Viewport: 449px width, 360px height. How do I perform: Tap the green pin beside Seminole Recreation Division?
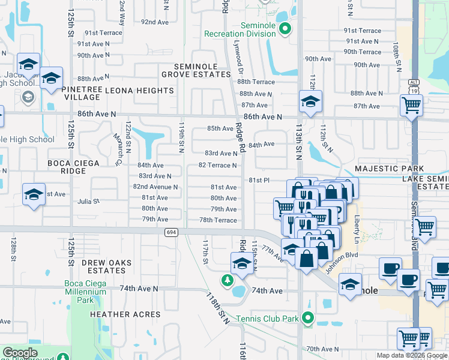click(x=286, y=28)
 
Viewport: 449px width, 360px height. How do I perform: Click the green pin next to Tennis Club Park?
click(x=309, y=318)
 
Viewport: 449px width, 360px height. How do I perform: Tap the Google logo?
click(x=20, y=353)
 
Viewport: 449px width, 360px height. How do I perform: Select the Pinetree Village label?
click(x=82, y=93)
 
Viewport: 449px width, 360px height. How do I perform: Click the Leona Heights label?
click(x=139, y=91)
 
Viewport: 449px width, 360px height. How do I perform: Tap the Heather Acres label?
click(x=125, y=314)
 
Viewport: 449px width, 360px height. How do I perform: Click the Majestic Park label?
click(x=390, y=169)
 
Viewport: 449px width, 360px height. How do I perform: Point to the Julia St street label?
click(x=88, y=202)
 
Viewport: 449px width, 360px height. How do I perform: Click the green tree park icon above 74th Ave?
click(x=227, y=280)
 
